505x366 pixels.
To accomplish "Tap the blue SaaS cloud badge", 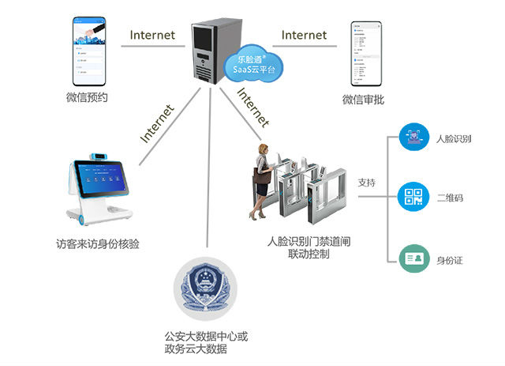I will pyautogui.click(x=250, y=63).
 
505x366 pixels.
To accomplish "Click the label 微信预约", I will pyautogui.click(x=87, y=99).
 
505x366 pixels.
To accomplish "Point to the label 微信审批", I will pyautogui.click(x=364, y=100).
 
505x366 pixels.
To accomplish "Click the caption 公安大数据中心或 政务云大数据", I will pyautogui.click(x=206, y=342).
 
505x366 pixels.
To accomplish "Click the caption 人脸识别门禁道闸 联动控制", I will pyautogui.click(x=298, y=247).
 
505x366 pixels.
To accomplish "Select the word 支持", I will pyautogui.click(x=367, y=183).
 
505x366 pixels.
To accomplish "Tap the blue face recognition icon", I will pyautogui.click(x=413, y=137).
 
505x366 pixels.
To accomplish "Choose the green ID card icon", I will pyautogui.click(x=413, y=258).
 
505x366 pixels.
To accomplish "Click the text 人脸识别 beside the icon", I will pyautogui.click(x=454, y=138).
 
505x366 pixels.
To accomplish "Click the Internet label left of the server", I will pyautogui.click(x=153, y=35).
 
